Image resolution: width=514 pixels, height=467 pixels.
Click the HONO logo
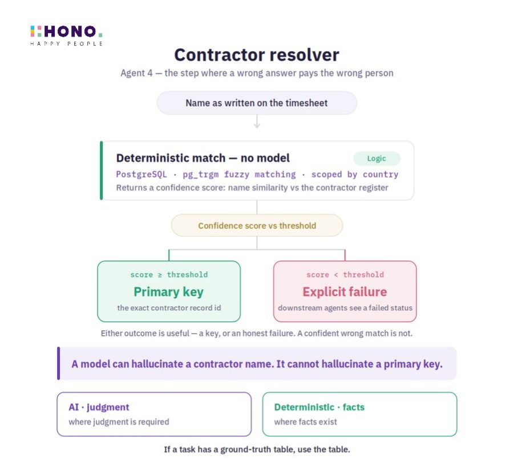click(67, 35)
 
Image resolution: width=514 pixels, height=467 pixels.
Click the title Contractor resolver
click(257, 55)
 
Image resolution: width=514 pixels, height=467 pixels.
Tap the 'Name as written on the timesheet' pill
click(257, 103)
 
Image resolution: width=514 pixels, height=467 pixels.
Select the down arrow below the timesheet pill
click(257, 121)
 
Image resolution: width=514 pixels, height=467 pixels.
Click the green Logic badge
click(377, 159)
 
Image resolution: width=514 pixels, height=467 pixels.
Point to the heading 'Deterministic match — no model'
click(203, 159)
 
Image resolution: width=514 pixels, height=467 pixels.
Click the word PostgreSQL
click(141, 174)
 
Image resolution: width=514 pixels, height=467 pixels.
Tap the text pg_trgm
click(201, 174)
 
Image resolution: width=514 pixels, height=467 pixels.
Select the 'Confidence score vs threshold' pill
click(257, 225)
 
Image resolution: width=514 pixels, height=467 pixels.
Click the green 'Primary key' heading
click(168, 292)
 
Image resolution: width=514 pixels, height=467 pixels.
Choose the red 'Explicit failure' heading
click(345, 292)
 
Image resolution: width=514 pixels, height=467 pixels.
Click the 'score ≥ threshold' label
click(169, 275)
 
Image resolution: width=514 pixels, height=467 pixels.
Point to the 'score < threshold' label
click(345, 275)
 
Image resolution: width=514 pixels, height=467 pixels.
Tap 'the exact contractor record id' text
click(169, 308)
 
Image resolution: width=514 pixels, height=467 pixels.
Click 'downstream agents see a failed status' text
click(345, 308)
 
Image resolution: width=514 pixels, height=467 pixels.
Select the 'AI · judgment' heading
click(99, 407)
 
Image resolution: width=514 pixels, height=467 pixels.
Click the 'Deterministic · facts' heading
click(319, 407)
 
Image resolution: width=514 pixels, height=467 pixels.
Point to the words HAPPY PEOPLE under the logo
click(67, 43)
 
